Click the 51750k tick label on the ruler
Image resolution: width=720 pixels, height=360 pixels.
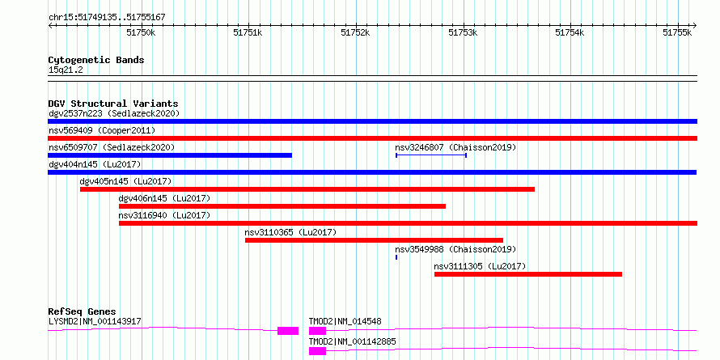tap(141, 32)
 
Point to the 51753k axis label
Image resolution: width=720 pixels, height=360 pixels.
tap(463, 32)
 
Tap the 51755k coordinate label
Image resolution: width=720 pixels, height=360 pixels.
tap(677, 32)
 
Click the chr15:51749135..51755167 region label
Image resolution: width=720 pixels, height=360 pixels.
tap(107, 18)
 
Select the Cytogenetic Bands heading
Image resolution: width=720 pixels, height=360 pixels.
tap(96, 60)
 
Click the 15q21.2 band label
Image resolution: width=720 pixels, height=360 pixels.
tap(66, 70)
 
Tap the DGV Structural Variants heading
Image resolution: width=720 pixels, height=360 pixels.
tap(113, 104)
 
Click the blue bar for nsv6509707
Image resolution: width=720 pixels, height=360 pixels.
tap(170, 155)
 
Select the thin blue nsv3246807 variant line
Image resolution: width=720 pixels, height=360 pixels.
tap(431, 155)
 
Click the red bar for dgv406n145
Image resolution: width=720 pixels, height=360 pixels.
tap(282, 206)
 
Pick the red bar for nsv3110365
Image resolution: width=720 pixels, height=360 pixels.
tap(375, 240)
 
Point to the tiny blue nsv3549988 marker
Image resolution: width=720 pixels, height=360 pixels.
tap(396, 257)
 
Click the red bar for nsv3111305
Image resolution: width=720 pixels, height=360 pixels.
tap(528, 274)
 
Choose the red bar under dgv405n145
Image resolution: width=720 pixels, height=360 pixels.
tap(307, 189)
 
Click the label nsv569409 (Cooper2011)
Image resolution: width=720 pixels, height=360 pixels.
tap(102, 130)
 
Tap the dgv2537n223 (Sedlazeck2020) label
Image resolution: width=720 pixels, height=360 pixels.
tap(114, 113)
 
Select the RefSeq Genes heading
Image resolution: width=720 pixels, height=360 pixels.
tap(83, 311)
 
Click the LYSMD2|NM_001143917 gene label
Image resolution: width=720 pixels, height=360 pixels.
tap(95, 321)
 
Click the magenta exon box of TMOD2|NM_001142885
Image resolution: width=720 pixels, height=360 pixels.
tap(317, 351)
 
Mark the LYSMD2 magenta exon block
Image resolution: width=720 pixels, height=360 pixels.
tap(288, 331)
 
